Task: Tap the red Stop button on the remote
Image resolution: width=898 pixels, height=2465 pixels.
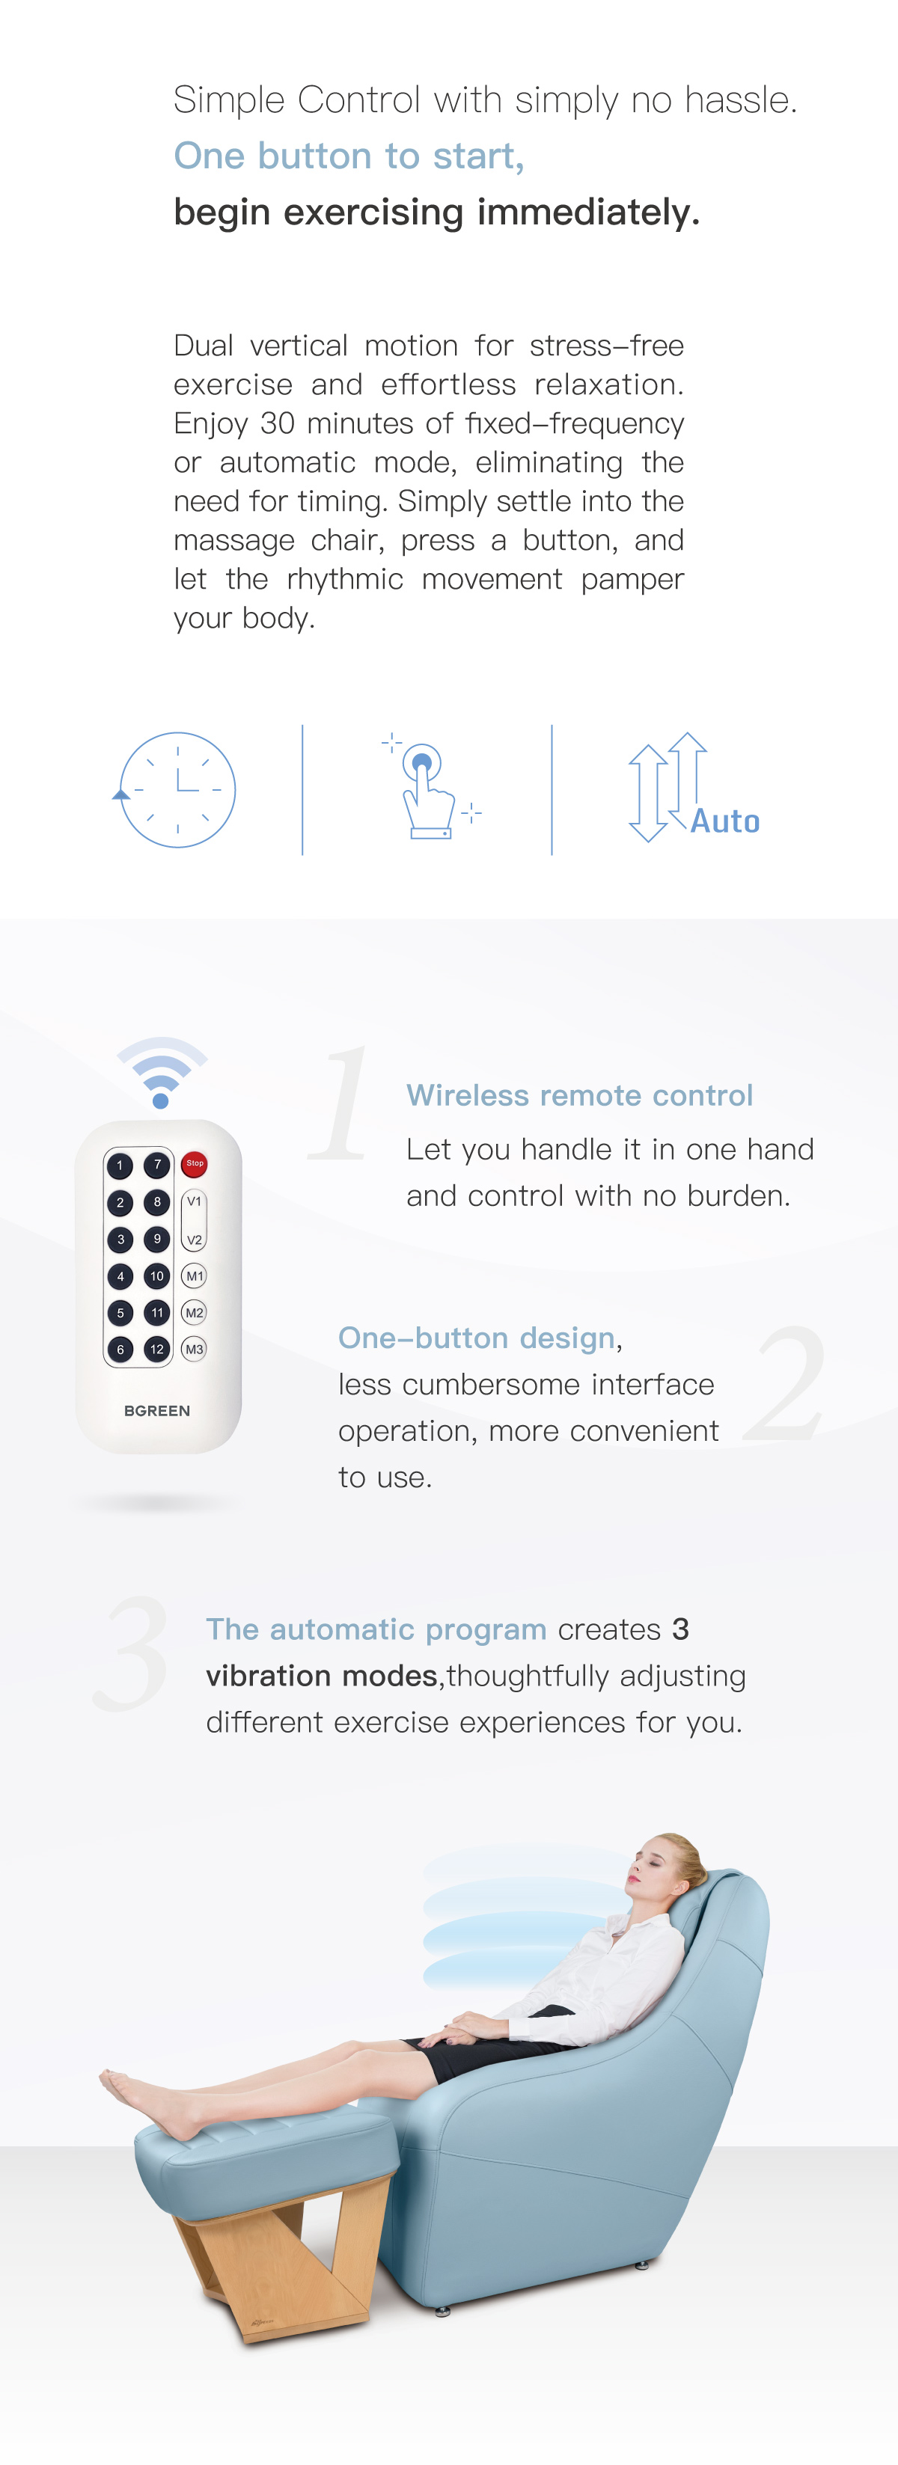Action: (195, 1163)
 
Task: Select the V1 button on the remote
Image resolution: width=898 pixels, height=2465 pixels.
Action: (195, 1201)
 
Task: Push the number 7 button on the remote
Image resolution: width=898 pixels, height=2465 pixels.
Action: (157, 1165)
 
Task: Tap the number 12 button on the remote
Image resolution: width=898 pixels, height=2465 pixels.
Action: (157, 1350)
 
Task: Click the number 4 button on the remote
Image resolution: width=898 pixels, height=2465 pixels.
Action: (120, 1276)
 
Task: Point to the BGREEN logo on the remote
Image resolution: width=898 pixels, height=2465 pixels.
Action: (157, 1410)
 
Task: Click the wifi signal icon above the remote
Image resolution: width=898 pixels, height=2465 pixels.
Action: (162, 1072)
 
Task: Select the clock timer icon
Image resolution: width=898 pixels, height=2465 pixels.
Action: (177, 789)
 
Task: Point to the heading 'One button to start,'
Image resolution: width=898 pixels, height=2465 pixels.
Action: (349, 156)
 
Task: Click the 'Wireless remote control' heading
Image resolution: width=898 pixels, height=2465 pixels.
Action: (579, 1094)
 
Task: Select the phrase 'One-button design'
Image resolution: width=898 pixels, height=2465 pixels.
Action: (476, 1337)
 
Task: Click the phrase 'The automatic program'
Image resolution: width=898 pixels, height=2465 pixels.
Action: (376, 1629)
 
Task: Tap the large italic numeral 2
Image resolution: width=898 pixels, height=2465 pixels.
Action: (785, 1385)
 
